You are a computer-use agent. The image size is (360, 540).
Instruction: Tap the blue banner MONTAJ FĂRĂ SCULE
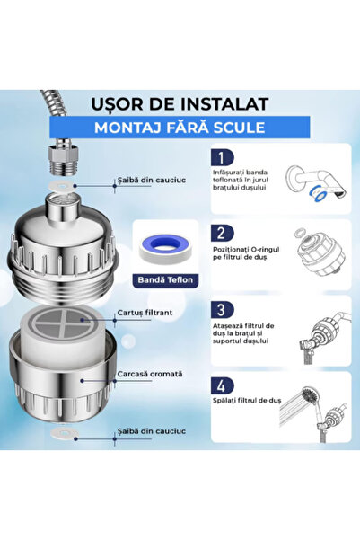[x=180, y=127]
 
